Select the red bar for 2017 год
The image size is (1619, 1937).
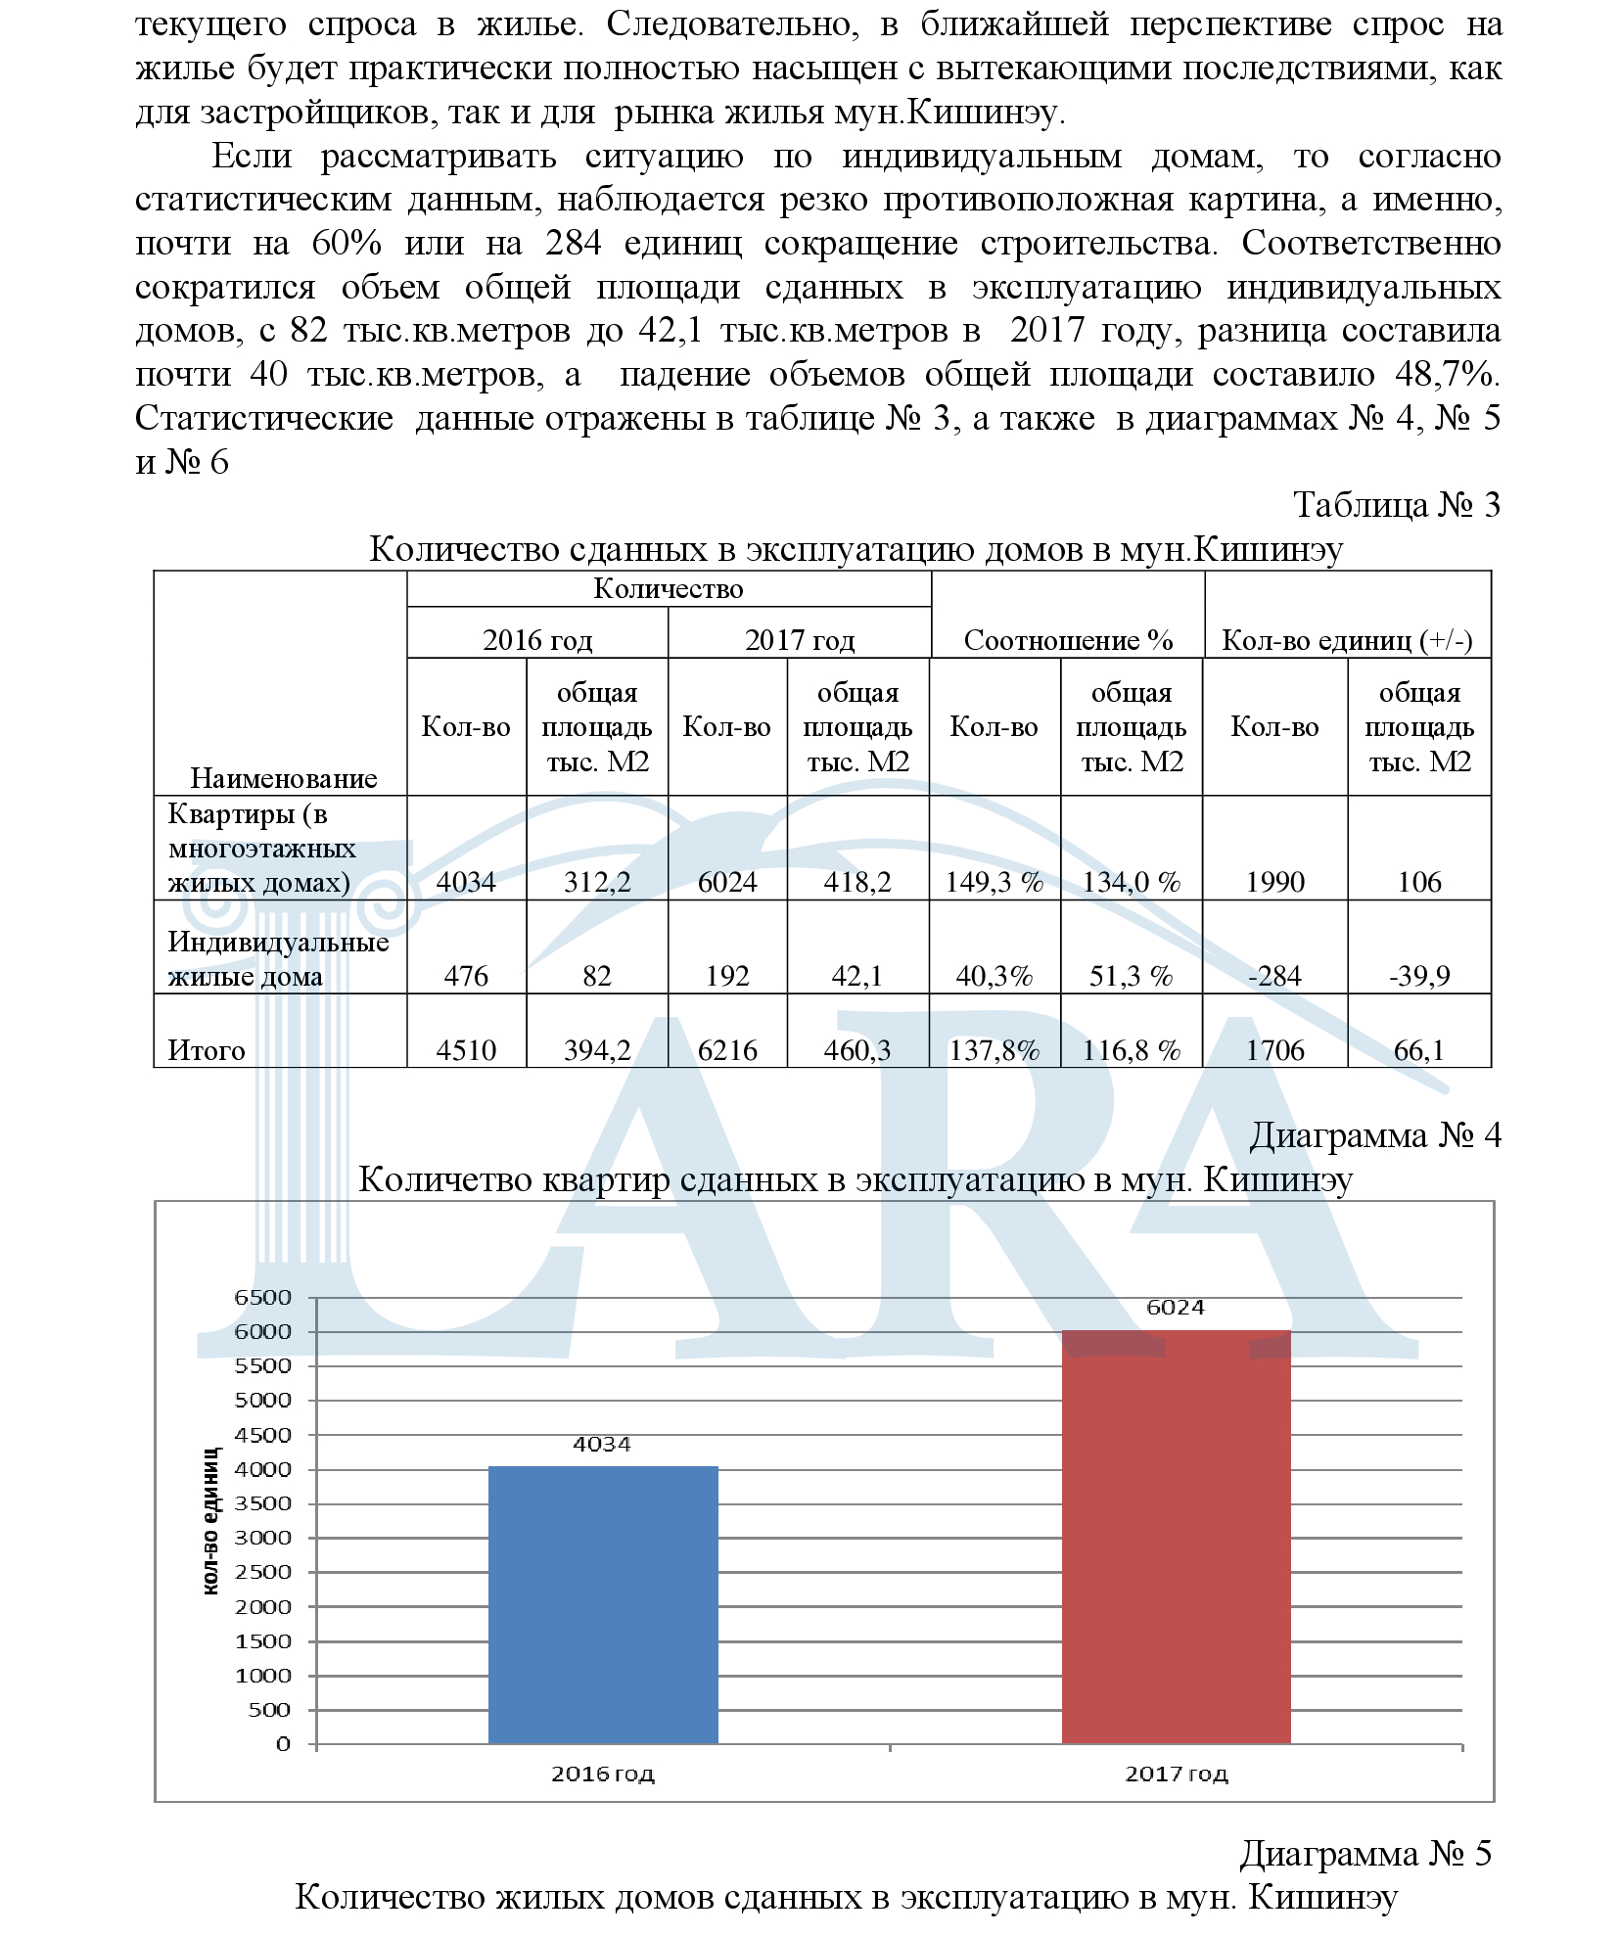click(x=1176, y=1537)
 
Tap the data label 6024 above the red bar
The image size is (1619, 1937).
click(x=1175, y=1308)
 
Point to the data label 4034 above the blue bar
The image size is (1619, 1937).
click(x=602, y=1445)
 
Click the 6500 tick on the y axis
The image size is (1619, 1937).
click(x=263, y=1298)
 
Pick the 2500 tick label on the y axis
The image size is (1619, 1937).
click(x=263, y=1572)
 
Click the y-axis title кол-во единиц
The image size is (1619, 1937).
click(x=210, y=1521)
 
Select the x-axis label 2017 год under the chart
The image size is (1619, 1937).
click(x=1176, y=1774)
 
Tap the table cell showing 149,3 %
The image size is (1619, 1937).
click(x=994, y=882)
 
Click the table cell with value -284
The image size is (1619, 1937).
click(x=1274, y=976)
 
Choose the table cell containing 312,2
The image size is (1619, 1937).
click(x=596, y=882)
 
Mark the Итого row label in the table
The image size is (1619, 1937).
click(x=207, y=1050)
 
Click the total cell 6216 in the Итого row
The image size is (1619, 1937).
click(x=727, y=1050)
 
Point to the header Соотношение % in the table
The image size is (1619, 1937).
click(x=1068, y=640)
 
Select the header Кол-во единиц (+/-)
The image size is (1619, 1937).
click(x=1347, y=640)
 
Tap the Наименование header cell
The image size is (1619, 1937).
click(x=283, y=778)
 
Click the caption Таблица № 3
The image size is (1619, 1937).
click(x=1396, y=504)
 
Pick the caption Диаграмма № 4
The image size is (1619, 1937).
click(x=1374, y=1135)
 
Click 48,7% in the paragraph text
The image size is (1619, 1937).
click(x=1447, y=374)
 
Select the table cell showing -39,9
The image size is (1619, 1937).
click(x=1418, y=976)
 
